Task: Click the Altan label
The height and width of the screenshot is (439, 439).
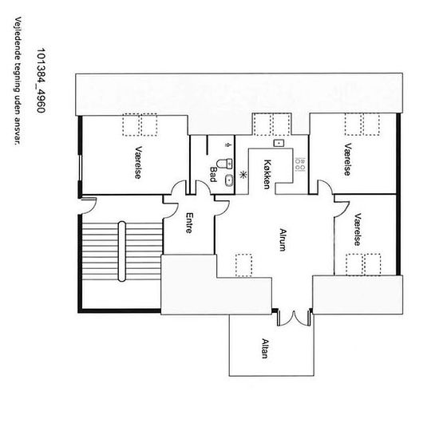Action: (x=265, y=348)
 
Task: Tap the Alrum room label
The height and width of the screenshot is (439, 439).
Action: (x=283, y=240)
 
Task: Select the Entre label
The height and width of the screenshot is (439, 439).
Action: (x=189, y=223)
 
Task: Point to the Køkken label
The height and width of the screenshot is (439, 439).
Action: (x=267, y=174)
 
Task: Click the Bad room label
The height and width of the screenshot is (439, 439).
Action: (x=213, y=175)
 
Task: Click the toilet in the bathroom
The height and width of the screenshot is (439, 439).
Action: (x=225, y=164)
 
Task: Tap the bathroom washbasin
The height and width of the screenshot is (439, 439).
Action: (x=229, y=180)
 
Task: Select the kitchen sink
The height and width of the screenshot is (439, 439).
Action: (x=279, y=143)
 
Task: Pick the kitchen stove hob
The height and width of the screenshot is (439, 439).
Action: (x=300, y=164)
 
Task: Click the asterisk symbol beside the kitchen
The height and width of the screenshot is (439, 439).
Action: (x=243, y=175)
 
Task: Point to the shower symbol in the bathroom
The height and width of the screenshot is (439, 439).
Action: (x=228, y=144)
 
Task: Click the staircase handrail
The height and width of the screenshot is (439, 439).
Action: (x=122, y=251)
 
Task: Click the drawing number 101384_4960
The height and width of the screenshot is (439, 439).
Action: (x=41, y=81)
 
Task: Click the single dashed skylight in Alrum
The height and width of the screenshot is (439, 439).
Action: (x=243, y=265)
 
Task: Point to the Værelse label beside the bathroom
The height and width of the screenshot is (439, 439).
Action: (x=138, y=162)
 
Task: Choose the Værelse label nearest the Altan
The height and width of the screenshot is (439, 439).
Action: (x=358, y=230)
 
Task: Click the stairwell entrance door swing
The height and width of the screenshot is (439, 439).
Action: (x=89, y=206)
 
